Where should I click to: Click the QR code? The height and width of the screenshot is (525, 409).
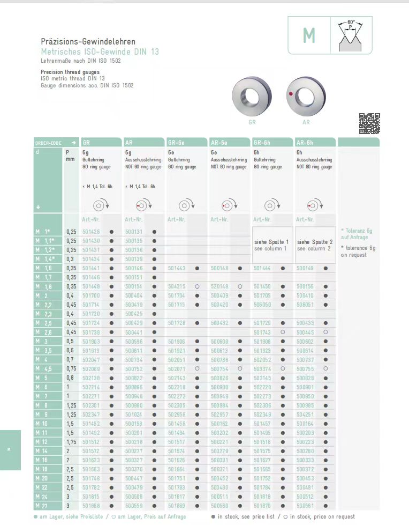369,123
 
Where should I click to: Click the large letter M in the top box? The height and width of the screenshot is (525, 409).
309,35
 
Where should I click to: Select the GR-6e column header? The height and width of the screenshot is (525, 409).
177,143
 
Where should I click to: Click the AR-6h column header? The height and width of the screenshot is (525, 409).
305,143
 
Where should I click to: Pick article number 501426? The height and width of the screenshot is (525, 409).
91,232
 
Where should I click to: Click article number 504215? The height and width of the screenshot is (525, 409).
177,287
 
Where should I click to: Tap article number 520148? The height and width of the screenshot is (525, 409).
219,287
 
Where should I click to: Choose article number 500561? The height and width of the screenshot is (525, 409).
305,506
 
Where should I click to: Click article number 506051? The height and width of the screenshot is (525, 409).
305,305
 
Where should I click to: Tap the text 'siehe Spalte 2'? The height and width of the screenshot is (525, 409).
315,242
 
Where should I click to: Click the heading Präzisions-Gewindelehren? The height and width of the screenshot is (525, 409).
88,41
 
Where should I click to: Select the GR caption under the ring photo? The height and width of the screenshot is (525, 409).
252,122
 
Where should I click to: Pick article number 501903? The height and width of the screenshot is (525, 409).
91,342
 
